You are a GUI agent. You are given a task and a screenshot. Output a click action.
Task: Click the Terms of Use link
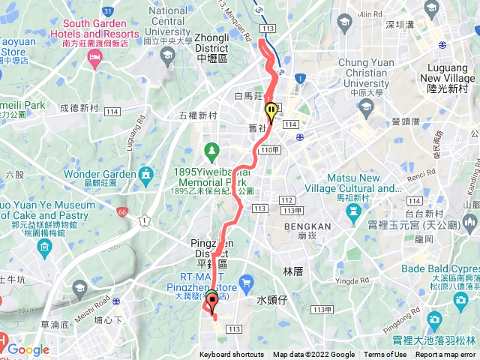tap(385, 355)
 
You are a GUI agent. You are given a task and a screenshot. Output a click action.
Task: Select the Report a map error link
tap(445, 355)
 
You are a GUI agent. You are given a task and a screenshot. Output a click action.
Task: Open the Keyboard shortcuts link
tap(231, 355)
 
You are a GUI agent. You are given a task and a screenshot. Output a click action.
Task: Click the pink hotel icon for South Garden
tap(94, 59)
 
